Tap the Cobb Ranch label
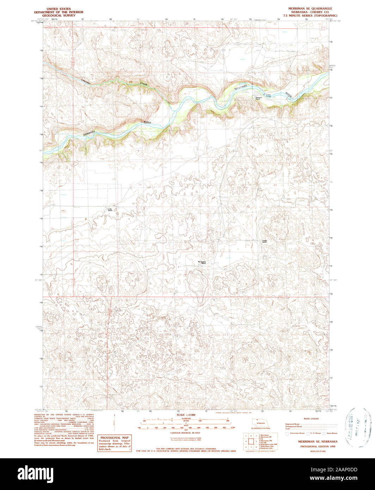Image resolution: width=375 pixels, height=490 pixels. pos(110,209)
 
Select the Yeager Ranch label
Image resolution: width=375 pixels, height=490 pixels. pos(264,241)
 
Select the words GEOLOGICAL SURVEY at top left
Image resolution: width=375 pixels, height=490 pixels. pos(56,16)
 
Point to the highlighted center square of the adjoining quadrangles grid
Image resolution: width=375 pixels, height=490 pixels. pos(251,441)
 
